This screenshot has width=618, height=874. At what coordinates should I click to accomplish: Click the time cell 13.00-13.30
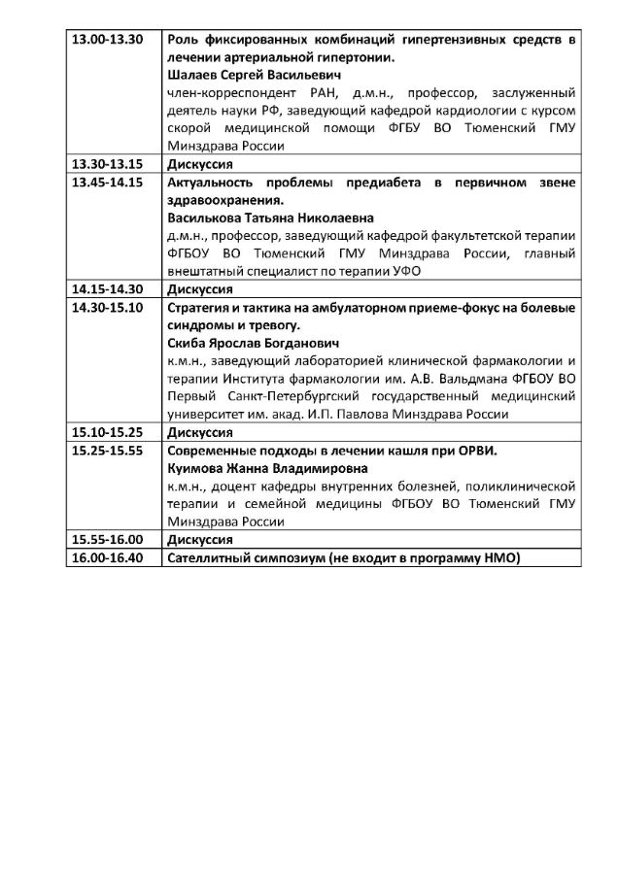click(x=108, y=39)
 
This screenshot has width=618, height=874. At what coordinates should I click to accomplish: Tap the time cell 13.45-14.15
click(x=108, y=182)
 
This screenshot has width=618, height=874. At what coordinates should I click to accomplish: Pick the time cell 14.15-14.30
click(x=108, y=288)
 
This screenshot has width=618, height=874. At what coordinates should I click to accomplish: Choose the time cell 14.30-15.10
click(x=108, y=308)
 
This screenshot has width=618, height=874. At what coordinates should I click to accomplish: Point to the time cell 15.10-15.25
click(x=108, y=432)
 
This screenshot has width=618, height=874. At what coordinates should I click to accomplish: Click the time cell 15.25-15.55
click(x=108, y=451)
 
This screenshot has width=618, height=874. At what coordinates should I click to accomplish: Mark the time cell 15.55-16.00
click(x=108, y=540)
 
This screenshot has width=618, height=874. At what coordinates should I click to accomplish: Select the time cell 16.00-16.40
click(x=108, y=557)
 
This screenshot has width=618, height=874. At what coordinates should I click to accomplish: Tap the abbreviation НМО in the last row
click(x=501, y=557)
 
